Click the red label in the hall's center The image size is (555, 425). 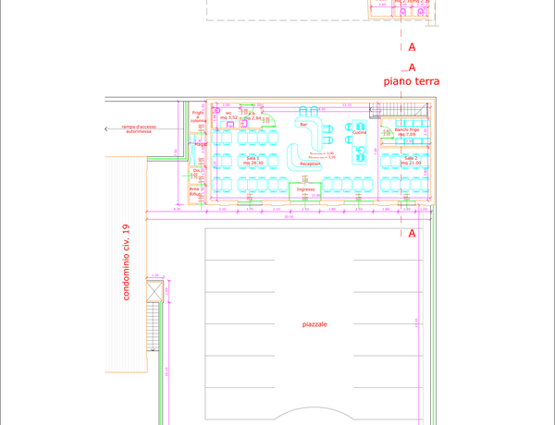314,324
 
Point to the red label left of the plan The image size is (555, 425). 138,128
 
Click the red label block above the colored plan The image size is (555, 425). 411,81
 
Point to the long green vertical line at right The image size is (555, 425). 433,314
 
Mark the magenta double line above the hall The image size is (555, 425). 287,214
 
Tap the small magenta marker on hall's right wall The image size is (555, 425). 416,322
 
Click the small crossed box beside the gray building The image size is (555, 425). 154,293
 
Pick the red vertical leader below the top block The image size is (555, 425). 401,37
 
